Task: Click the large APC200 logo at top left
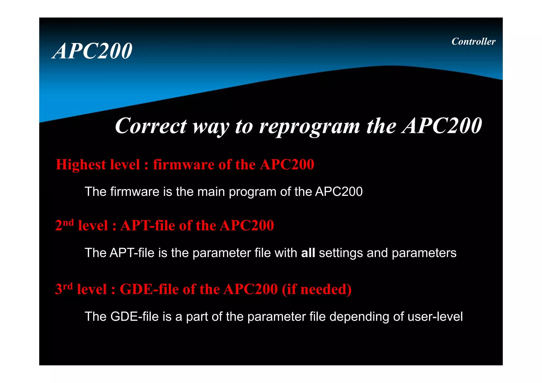pos(92,51)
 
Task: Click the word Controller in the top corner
pos(473,42)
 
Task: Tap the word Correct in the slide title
pos(151,126)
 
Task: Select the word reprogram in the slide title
pos(309,127)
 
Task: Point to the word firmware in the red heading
pos(184,165)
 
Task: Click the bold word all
pos(308,253)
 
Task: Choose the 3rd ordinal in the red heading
pos(64,289)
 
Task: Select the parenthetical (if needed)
pos(317,289)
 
